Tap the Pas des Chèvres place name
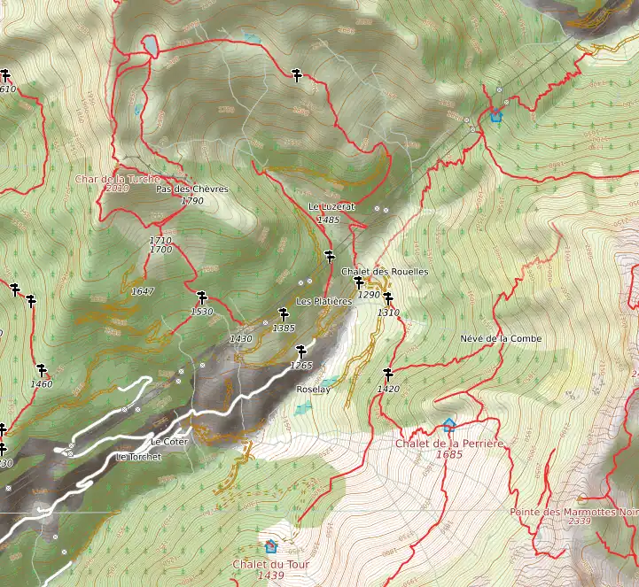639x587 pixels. pyautogui.click(x=191, y=189)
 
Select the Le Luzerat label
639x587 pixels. pyautogui.click(x=331, y=206)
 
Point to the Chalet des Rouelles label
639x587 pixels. pyautogui.click(x=384, y=271)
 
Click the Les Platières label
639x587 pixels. pyautogui.click(x=324, y=301)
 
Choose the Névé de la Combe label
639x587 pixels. pyautogui.click(x=501, y=338)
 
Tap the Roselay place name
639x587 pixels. pyautogui.click(x=313, y=389)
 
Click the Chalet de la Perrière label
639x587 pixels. pyautogui.click(x=449, y=443)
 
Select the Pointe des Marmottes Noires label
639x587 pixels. pyautogui.click(x=574, y=512)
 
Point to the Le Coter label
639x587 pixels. pyautogui.click(x=169, y=441)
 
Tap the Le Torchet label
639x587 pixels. pyautogui.click(x=139, y=457)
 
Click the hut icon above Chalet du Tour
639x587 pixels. pyautogui.click(x=270, y=546)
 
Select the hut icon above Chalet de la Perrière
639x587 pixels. pyautogui.click(x=448, y=425)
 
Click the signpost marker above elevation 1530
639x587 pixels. pyautogui.click(x=202, y=297)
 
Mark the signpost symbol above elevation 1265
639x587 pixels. pyautogui.click(x=301, y=350)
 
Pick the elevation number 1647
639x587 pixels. pyautogui.click(x=142, y=290)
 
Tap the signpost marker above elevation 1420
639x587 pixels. pyautogui.click(x=387, y=374)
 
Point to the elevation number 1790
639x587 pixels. pyautogui.click(x=192, y=201)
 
